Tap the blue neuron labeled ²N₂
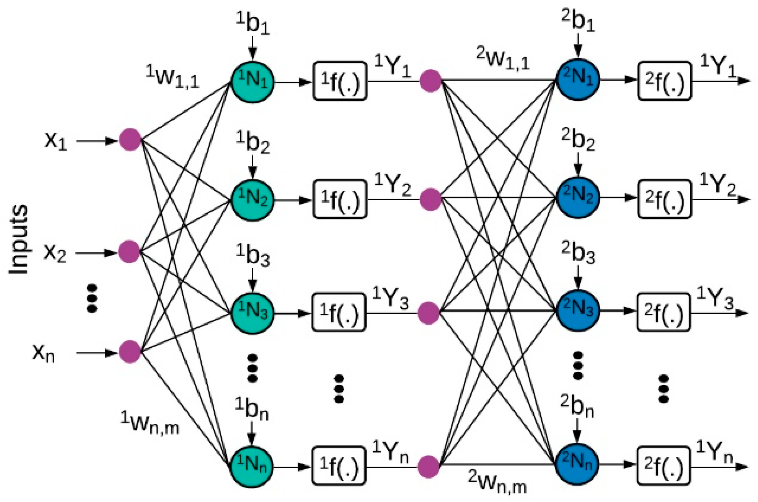tap(578, 197)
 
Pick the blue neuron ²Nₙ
tap(577, 464)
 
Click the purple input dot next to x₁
tap(131, 140)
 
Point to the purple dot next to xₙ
tap(130, 352)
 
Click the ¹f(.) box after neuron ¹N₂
tap(340, 199)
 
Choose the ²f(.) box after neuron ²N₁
tap(664, 81)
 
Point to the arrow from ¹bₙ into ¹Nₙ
tap(252, 433)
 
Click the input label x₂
tap(55, 253)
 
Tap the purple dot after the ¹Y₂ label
tap(431, 199)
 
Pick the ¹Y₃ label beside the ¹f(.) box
tap(390, 298)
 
